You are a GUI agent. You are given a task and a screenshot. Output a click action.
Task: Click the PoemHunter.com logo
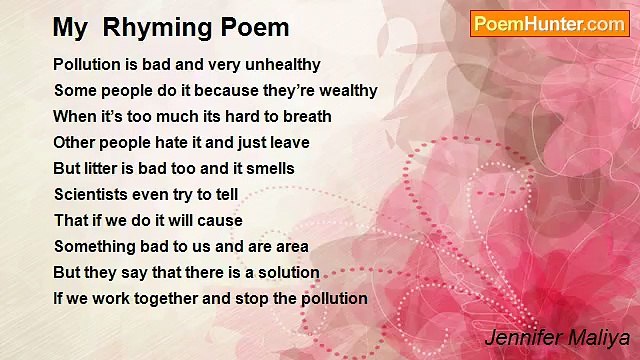tap(549, 24)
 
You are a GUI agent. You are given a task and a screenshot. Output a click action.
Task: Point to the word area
tap(290, 247)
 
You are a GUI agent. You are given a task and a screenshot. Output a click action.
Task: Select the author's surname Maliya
tap(597, 338)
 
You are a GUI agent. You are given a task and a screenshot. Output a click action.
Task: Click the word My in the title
tap(68, 28)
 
